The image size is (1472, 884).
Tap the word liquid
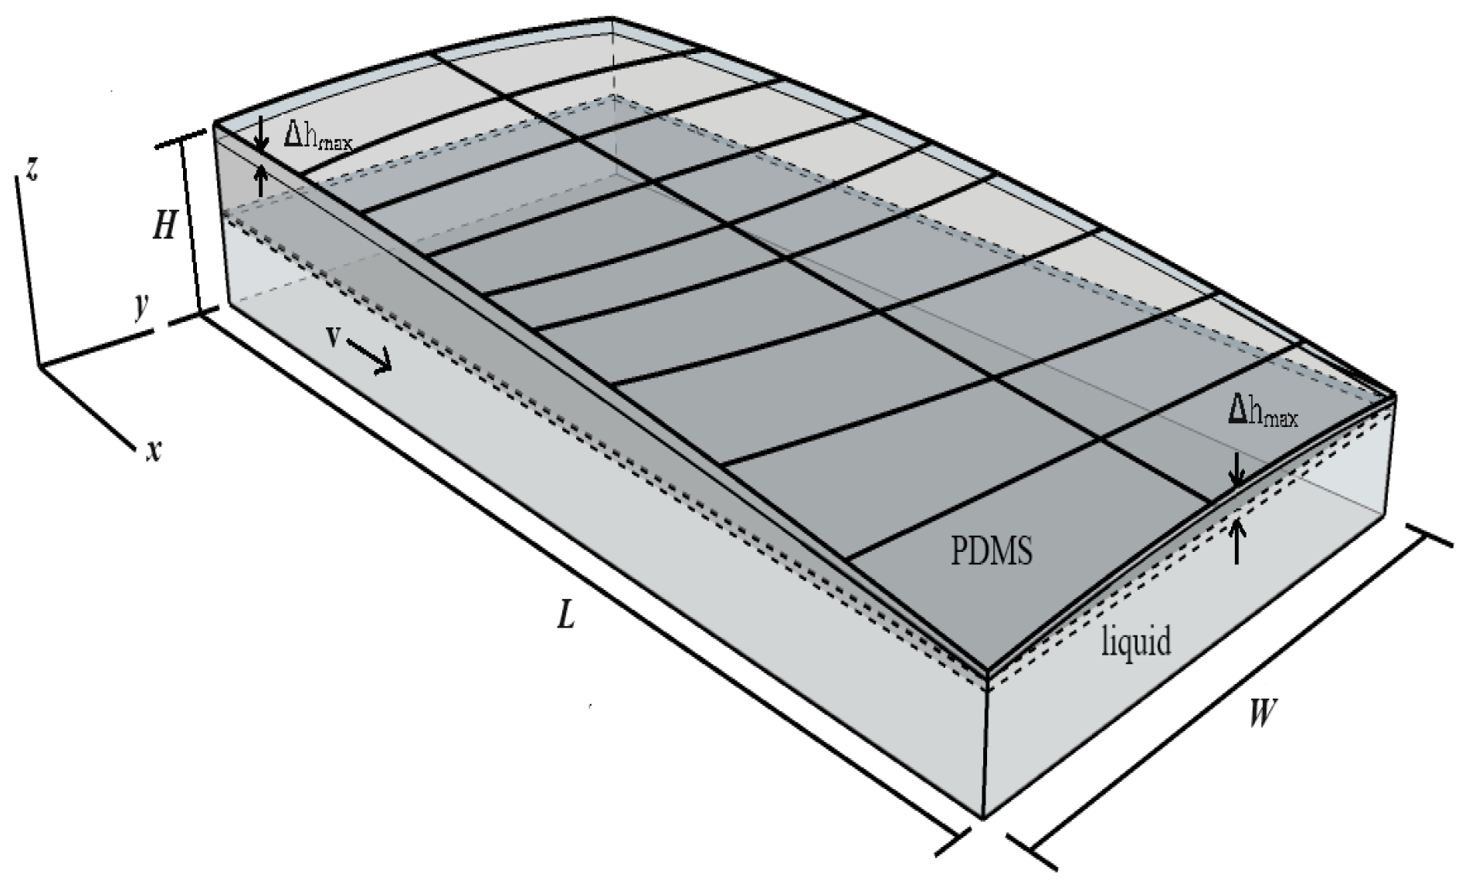(1135, 642)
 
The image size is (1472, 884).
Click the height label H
(164, 225)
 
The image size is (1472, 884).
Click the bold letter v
(334, 337)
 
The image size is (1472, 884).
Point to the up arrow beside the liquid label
(1238, 540)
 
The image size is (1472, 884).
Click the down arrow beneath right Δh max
(1237, 470)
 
